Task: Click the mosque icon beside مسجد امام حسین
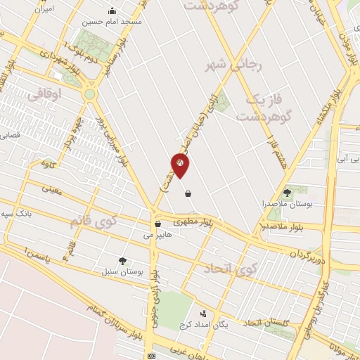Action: point(112,11)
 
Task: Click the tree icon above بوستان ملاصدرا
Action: point(286,192)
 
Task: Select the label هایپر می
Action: point(157,236)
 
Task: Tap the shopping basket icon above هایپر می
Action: point(157,224)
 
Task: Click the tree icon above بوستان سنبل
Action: point(123,259)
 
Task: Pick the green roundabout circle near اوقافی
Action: point(89,94)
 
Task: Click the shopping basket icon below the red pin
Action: point(187,193)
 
